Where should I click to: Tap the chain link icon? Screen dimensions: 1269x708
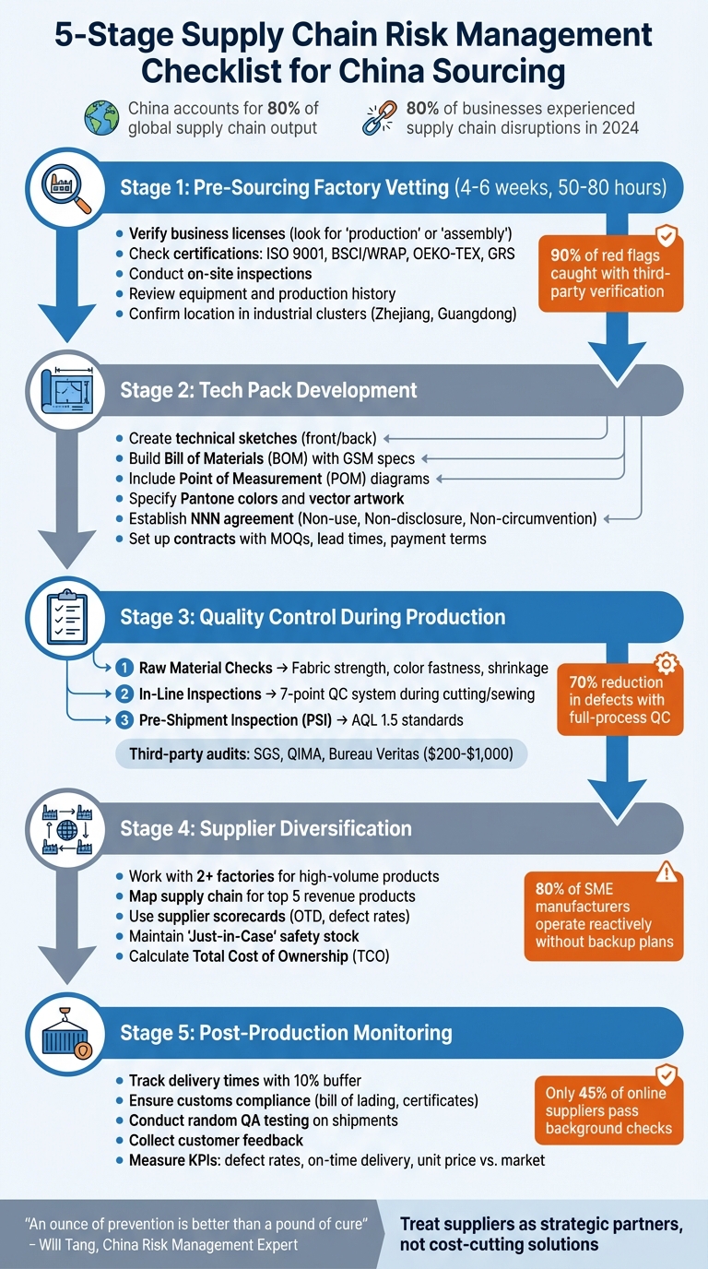point(380,118)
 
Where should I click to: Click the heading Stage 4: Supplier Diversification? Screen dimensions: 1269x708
point(265,828)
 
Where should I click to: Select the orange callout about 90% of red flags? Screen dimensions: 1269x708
point(610,274)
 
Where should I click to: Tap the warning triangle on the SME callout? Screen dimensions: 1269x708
point(664,872)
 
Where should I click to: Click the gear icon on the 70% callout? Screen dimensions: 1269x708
point(664,664)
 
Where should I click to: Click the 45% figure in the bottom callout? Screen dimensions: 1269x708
point(596,1093)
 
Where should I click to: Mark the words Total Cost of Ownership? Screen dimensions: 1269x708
point(270,956)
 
